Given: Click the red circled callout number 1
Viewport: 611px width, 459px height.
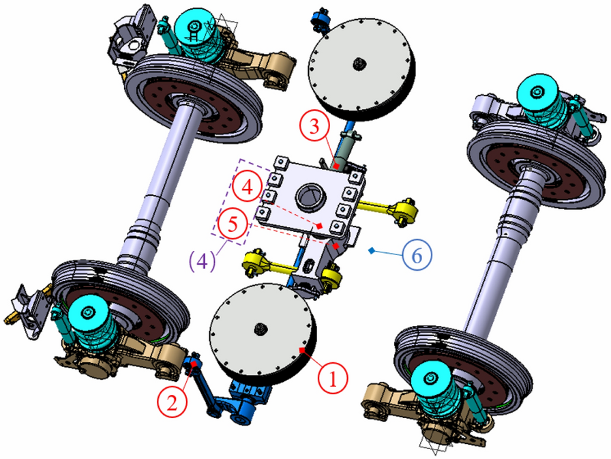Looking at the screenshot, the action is (x=332, y=378).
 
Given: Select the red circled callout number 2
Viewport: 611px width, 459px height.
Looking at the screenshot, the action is (x=173, y=402).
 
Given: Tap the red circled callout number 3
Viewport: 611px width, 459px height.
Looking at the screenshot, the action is (x=315, y=127).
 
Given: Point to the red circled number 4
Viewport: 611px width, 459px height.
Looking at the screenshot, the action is (x=248, y=187).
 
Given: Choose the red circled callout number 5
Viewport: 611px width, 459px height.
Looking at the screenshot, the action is (x=233, y=224).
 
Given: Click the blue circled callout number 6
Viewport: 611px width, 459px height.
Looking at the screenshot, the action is (x=417, y=255).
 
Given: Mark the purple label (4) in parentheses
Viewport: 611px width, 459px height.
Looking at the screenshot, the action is (x=203, y=261).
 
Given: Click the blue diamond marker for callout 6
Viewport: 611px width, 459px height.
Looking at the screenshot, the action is (x=372, y=250).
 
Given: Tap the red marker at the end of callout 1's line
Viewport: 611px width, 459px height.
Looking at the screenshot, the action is (x=302, y=351).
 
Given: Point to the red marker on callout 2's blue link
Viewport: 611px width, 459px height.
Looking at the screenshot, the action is (x=194, y=364).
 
